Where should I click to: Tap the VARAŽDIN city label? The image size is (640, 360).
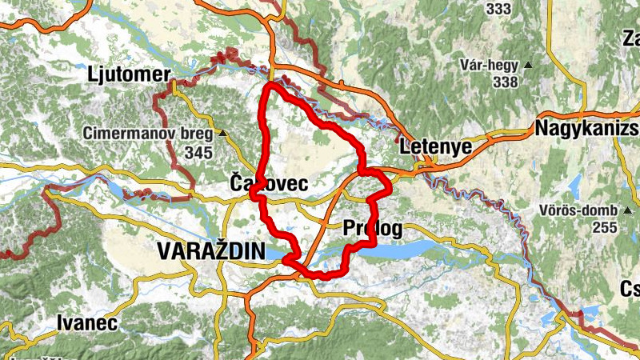[x=211, y=250]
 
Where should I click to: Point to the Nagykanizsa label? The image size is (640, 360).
[x=587, y=128]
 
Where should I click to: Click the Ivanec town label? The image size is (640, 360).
[x=87, y=323]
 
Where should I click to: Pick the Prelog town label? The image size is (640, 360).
[x=372, y=229]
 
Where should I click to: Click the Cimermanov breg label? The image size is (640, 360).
[x=150, y=133]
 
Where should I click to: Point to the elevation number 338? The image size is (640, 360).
[x=506, y=82]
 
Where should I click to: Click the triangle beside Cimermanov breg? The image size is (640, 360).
[x=223, y=134]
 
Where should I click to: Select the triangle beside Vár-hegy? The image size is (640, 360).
[x=528, y=65]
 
